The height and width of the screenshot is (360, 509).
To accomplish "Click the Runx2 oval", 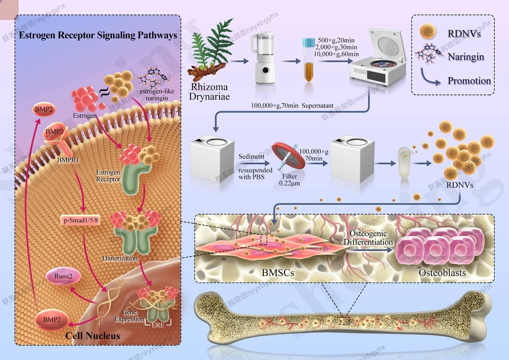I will [64, 277].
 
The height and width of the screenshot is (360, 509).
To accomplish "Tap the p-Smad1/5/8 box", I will [81, 220].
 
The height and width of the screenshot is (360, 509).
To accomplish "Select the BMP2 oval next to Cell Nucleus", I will [52, 320].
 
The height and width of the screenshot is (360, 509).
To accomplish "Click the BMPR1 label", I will [68, 160].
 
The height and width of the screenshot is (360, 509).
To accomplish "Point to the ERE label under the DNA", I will [158, 325].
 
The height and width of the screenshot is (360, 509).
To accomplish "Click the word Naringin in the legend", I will [466, 57].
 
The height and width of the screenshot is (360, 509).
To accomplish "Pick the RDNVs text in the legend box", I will [464, 34].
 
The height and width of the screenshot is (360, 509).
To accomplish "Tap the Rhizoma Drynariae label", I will [209, 91].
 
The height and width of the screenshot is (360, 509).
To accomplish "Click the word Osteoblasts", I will [442, 273].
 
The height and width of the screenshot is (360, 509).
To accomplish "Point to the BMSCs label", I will [278, 273].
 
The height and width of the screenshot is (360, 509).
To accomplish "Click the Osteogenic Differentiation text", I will [368, 238].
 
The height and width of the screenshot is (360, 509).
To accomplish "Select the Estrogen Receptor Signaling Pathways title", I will [98, 35].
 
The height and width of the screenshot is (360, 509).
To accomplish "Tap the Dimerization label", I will [120, 258].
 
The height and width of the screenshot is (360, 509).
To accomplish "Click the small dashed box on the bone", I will [344, 320].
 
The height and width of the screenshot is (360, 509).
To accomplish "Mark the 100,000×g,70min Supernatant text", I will [292, 106].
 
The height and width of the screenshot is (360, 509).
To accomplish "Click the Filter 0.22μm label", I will [289, 180].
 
